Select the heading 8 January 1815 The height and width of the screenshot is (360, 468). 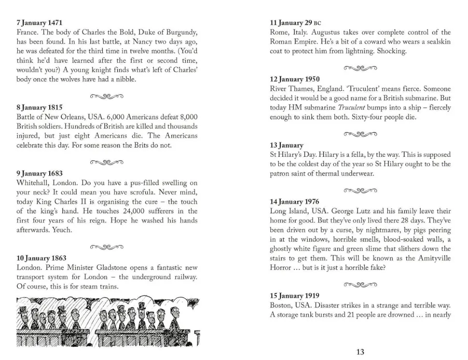[40, 108]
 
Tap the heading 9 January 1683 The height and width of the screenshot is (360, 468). [40, 173]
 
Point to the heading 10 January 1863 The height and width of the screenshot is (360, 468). [41, 258]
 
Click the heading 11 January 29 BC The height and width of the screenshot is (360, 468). [295, 23]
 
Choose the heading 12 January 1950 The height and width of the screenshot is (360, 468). [295, 79]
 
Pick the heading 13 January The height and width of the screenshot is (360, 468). [287, 145]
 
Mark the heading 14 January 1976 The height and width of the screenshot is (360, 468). [295, 202]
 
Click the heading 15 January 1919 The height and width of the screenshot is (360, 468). [294, 296]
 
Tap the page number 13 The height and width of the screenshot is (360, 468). [360, 352]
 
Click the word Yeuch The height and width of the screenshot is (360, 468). [62, 230]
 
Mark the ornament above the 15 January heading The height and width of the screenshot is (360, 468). [360, 284]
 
